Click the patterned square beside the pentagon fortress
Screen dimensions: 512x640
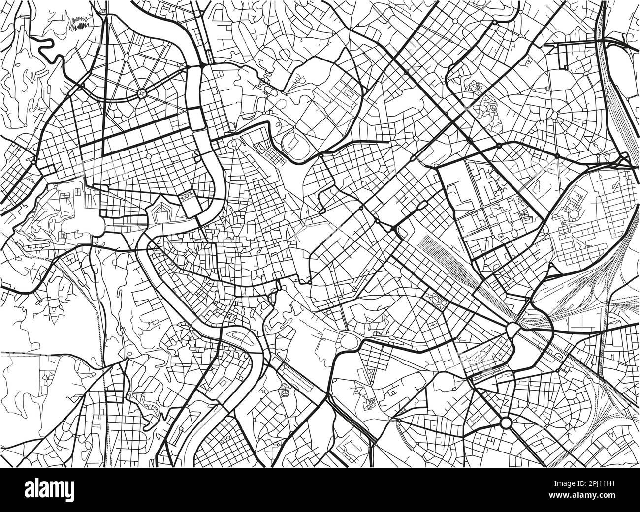point(188,197)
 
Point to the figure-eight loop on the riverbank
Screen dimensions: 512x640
point(197,158)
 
